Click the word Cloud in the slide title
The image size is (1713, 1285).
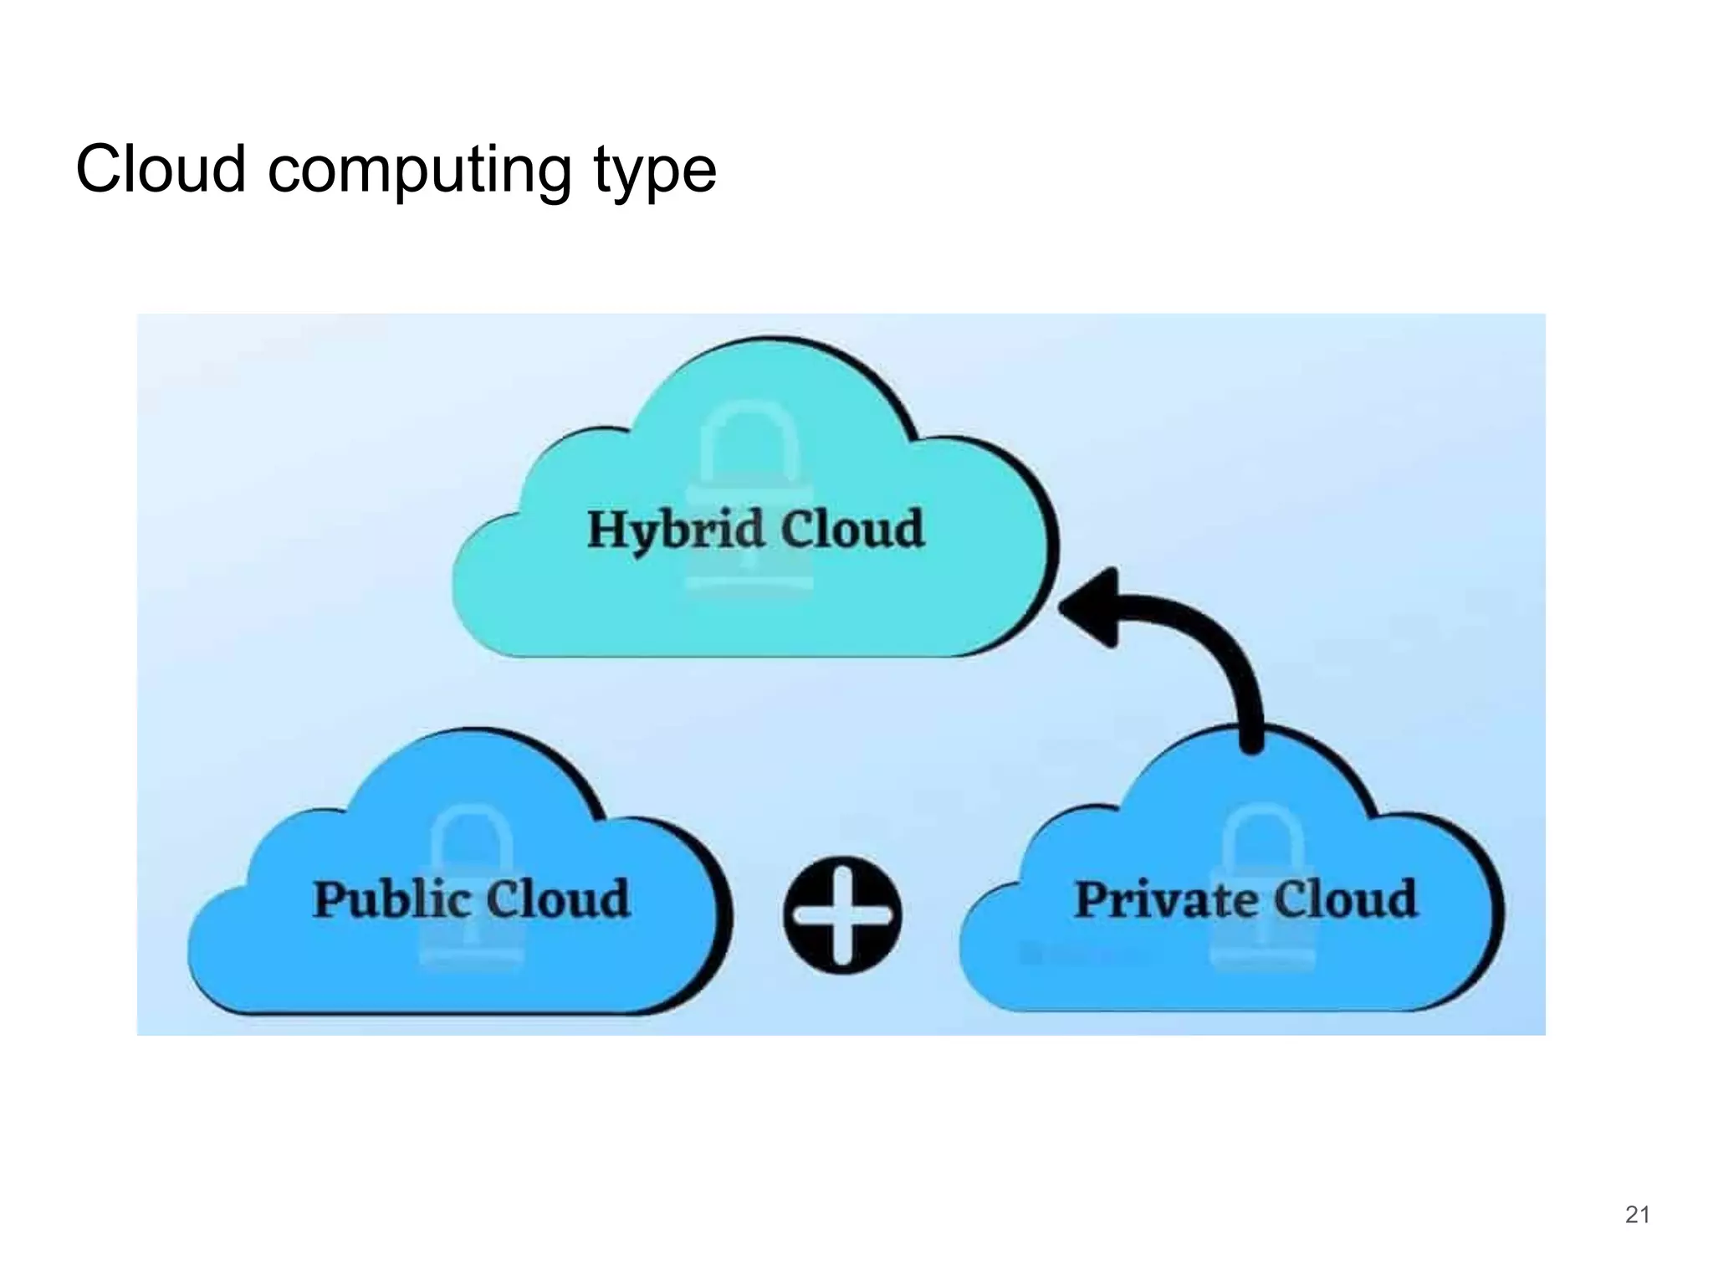[161, 169]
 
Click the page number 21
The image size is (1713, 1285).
[1637, 1214]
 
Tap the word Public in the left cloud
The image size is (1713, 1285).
[391, 900]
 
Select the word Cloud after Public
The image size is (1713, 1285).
[558, 900]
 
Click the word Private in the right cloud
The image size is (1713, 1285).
[1165, 900]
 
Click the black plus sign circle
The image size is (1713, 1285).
[842, 915]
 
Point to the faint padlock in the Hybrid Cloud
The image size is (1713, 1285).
[749, 502]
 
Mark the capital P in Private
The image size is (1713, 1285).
[1092, 900]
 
